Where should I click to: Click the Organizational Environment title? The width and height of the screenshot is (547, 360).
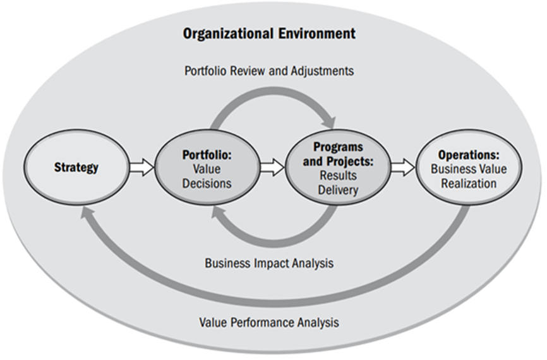269,33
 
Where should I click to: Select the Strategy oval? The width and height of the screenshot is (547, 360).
76,167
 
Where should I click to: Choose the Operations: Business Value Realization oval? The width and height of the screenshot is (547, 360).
469,167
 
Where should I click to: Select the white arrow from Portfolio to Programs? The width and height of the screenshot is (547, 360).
272,167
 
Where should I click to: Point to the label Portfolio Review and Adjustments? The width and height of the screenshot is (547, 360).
269,71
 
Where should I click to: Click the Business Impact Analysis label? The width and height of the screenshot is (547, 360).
269,263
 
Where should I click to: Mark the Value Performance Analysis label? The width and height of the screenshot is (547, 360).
269,322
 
